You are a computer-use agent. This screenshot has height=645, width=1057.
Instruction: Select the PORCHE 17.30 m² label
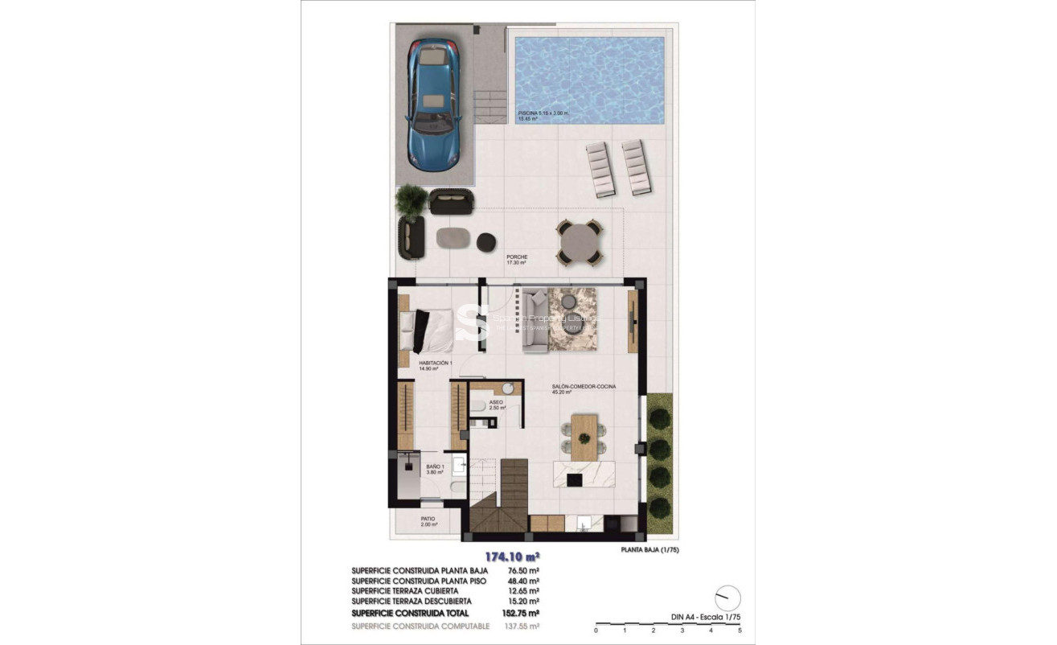point(517,261)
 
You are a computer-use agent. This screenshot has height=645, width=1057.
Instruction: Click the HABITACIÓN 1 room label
point(436,366)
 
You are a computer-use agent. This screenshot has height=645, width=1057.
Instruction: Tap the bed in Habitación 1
point(425,331)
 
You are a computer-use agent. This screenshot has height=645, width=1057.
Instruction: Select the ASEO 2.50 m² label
point(497,405)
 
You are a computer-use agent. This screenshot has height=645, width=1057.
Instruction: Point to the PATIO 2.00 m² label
point(428,522)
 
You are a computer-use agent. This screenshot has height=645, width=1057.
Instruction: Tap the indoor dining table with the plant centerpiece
point(584,437)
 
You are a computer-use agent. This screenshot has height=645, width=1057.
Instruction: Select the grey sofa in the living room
point(535,320)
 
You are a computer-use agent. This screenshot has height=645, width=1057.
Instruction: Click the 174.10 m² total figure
point(510,556)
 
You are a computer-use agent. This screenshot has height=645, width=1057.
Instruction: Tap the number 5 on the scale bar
point(739,631)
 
